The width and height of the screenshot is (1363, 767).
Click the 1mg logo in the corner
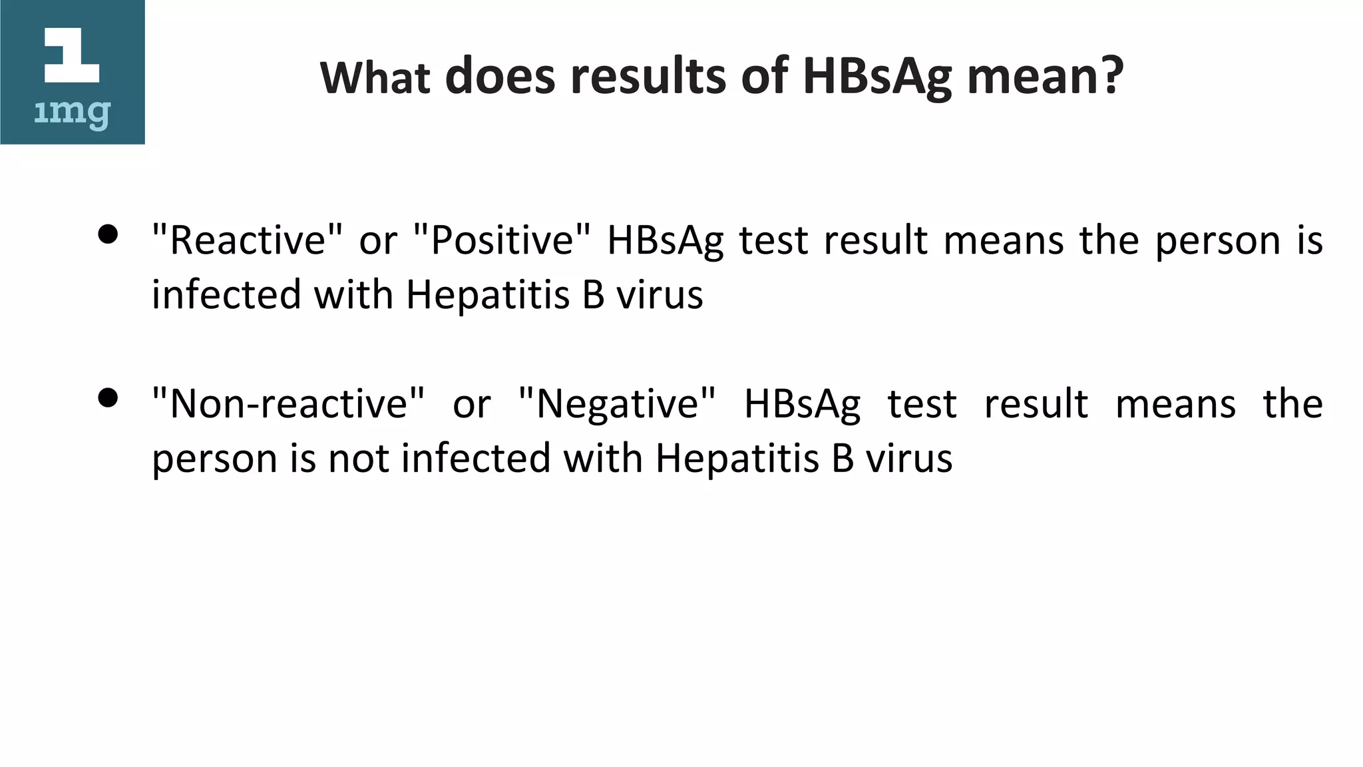pyautogui.click(x=72, y=72)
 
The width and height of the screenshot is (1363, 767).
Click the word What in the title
pyautogui.click(x=375, y=77)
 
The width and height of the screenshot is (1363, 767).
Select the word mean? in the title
pyautogui.click(x=1046, y=76)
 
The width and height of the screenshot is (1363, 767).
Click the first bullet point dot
pyautogui.click(x=108, y=234)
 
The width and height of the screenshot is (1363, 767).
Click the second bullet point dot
pyautogui.click(x=108, y=398)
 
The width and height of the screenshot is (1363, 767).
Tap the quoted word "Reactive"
pyautogui.click(x=248, y=240)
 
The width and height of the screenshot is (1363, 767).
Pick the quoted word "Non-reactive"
pyautogui.click(x=288, y=403)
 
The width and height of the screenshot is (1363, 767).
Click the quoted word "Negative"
pyautogui.click(x=617, y=403)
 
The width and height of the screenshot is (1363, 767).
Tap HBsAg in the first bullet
pyautogui.click(x=665, y=241)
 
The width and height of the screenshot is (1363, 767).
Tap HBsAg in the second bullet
pyautogui.click(x=802, y=405)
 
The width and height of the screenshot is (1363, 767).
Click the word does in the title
pyautogui.click(x=500, y=76)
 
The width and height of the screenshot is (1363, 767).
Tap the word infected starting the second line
pyautogui.click(x=225, y=295)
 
